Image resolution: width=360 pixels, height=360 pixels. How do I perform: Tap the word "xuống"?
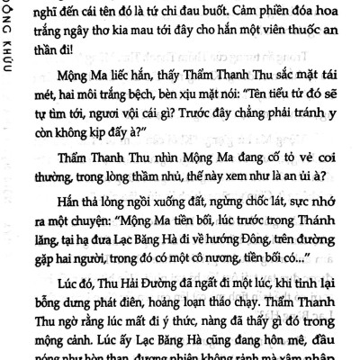point(170,218)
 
